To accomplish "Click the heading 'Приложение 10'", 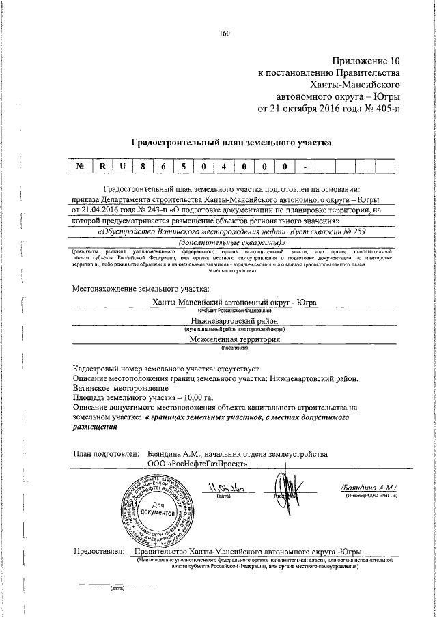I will [x=364, y=61].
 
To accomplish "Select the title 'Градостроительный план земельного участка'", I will [x=231, y=143].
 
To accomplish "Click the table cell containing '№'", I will [x=80, y=167].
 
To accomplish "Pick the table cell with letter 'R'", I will [x=102, y=167].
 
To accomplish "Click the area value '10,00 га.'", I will [x=195, y=396].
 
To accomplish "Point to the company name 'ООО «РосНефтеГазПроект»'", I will [x=198, y=464].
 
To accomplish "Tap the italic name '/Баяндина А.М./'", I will [x=367, y=486].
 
